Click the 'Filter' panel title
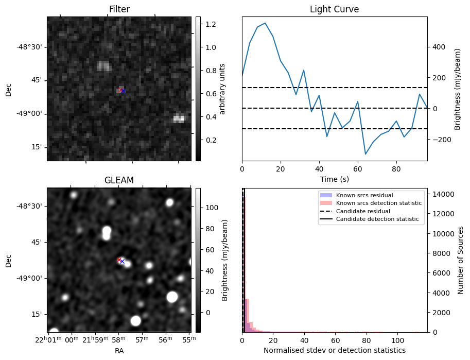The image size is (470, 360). [119, 9]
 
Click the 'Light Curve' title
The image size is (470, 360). [334, 9]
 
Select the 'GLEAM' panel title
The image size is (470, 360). [119, 180]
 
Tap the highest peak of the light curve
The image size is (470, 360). [265, 23]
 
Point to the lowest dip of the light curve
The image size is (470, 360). [365, 154]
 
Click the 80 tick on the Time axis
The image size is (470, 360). [396, 168]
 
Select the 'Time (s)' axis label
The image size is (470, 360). [334, 178]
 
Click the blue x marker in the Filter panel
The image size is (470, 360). [123, 91]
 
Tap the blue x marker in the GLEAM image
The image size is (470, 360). [122, 261]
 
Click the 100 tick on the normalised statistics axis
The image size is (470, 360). [397, 340]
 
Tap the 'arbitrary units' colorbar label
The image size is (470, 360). [222, 89]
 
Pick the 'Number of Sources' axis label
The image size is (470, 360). [461, 260]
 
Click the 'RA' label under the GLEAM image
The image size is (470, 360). [119, 351]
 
